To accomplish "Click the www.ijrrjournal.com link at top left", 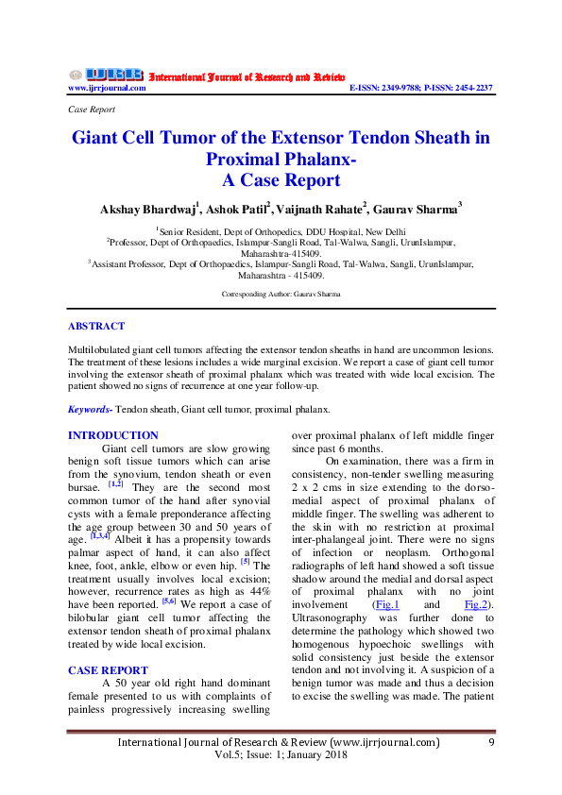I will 107,88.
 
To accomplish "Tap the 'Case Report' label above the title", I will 92,109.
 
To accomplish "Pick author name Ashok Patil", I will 236,209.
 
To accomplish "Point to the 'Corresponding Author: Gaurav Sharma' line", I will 281,294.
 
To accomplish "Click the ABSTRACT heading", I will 95,326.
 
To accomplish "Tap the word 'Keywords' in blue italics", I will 90,410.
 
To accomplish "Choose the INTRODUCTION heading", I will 113,435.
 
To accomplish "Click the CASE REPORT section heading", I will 108,670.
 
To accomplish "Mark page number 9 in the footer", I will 492,742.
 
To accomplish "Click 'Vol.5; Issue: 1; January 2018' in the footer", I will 281,755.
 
